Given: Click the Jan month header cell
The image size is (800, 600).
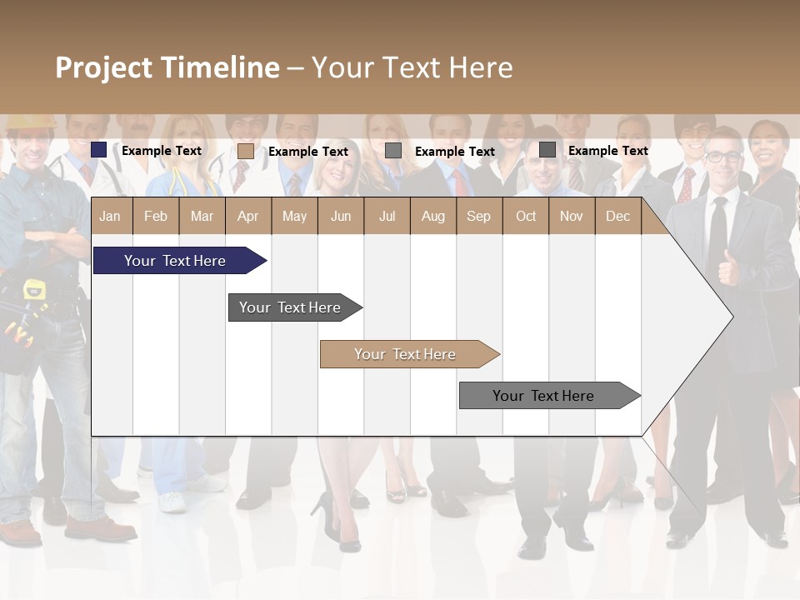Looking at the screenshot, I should tap(110, 216).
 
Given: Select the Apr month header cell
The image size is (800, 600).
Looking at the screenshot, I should tap(247, 216).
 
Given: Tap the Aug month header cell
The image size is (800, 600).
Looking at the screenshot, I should tap(432, 216).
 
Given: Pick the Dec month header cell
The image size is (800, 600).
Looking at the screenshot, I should tap(617, 216).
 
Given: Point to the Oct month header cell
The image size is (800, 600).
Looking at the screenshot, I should tap(526, 216).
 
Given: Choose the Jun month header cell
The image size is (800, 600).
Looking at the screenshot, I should tap(340, 216).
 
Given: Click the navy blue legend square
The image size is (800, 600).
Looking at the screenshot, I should tap(99, 150).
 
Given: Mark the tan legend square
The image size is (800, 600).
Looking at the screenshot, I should tap(245, 151).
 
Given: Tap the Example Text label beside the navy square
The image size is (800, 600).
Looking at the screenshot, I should tap(162, 151).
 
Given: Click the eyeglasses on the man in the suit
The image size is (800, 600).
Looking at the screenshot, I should tap(722, 157).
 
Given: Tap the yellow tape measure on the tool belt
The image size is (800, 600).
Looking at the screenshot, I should tap(34, 289).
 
